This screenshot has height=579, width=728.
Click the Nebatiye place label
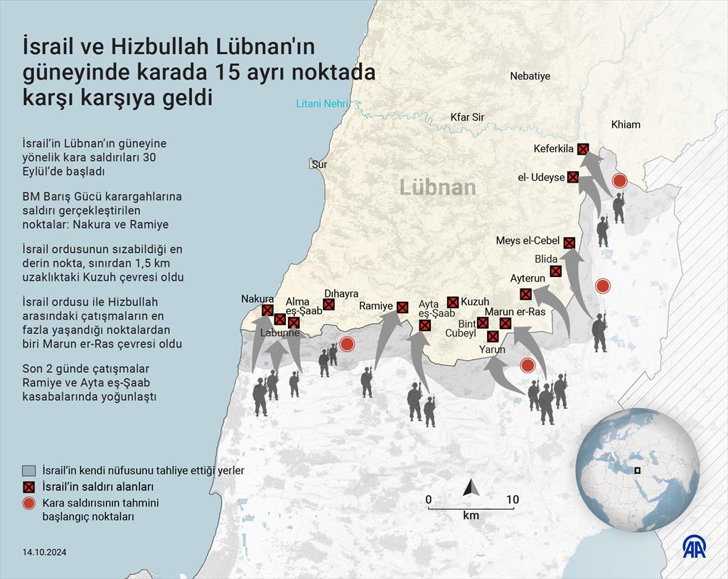coord(530,76)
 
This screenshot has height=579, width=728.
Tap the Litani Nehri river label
coord(322,104)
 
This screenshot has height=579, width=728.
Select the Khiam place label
coord(625,124)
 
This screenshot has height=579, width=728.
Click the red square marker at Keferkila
coord(583,148)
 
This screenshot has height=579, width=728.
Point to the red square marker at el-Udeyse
coord(573,177)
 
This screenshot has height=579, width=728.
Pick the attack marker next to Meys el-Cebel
coord(569,242)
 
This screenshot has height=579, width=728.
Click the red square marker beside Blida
coord(556,271)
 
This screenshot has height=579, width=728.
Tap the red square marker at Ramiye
coord(402,307)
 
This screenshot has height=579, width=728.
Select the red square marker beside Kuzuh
coord(453,302)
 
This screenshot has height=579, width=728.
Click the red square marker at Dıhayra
coord(328,305)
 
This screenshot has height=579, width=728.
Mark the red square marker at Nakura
coord(267,310)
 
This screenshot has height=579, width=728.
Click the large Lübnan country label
coord(437,187)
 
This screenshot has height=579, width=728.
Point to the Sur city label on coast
coord(319,164)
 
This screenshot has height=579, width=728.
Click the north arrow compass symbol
coord(470,487)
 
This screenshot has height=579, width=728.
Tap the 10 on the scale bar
coord(512,499)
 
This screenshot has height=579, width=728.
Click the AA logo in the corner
coord(694,547)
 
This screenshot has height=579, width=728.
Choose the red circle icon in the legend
coord(28,504)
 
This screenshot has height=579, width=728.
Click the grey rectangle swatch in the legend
coord(28,470)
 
